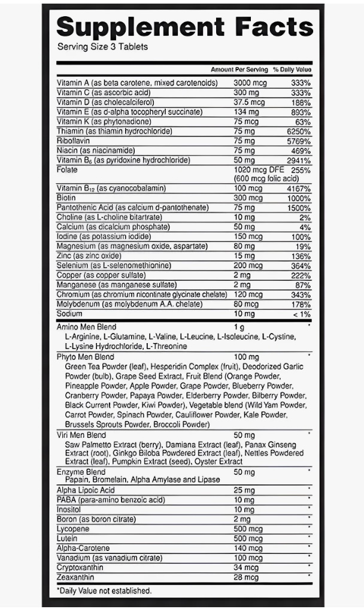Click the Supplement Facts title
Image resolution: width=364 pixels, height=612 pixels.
coord(184,26)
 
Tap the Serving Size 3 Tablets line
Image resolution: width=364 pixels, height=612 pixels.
coord(102,47)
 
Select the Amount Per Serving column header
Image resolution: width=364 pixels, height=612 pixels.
coord(239,70)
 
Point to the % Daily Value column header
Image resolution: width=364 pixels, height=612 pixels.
coord(292,70)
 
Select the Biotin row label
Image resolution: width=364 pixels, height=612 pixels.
coord(66,198)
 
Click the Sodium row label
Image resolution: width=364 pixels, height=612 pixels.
coord(69,313)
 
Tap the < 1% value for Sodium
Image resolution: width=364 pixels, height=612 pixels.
coord(302,314)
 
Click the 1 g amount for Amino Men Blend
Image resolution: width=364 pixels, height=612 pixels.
coord(239,327)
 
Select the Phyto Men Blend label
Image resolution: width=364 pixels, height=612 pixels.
coord(85,357)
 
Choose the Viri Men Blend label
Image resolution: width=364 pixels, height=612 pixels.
coord(81,435)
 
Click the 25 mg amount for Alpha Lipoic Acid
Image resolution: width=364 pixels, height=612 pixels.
coord(244,490)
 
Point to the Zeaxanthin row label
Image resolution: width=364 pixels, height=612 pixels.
coord(76,577)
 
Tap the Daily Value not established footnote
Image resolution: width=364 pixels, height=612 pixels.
coord(104,591)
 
